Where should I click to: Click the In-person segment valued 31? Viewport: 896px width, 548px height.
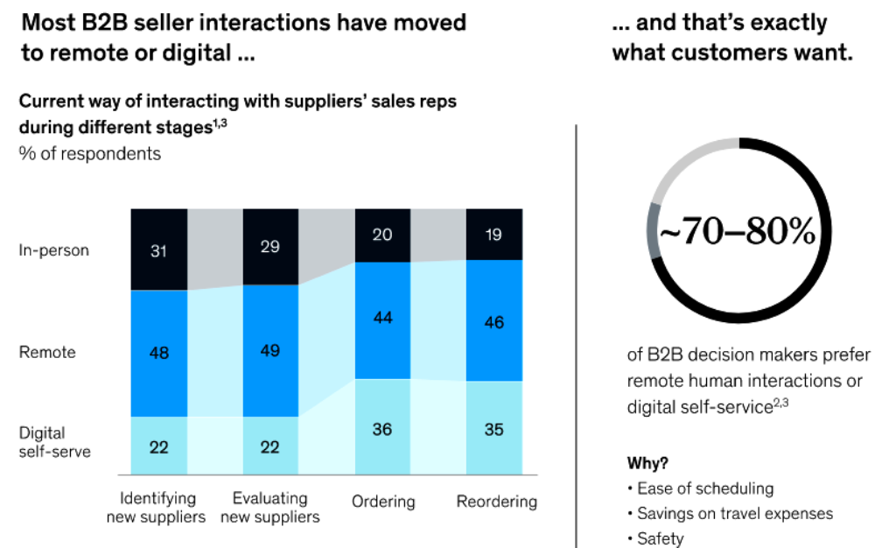pos(158,249)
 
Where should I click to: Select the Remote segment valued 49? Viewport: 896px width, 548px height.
pos(270,351)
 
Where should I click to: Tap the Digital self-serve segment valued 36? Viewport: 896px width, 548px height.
pos(382,428)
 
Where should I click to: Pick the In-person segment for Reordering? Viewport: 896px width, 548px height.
pos(493,235)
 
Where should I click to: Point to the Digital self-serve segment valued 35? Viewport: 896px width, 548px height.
pos(493,429)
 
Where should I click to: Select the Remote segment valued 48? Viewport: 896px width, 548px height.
pos(158,354)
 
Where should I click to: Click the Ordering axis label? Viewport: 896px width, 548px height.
pos(383,502)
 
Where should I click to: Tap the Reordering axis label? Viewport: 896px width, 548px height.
pos(496,502)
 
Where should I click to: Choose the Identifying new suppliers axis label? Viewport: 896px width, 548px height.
pos(156,508)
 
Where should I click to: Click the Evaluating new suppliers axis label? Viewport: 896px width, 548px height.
pos(270,508)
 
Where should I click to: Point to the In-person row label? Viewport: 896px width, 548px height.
pos(53,250)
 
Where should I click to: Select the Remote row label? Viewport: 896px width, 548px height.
pos(47,353)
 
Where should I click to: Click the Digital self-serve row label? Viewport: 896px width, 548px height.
pos(54,442)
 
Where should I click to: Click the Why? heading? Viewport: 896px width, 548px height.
pos(647,463)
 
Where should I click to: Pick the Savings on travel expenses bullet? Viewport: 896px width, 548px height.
pos(734,514)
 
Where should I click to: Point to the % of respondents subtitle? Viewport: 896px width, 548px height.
pos(90,153)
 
